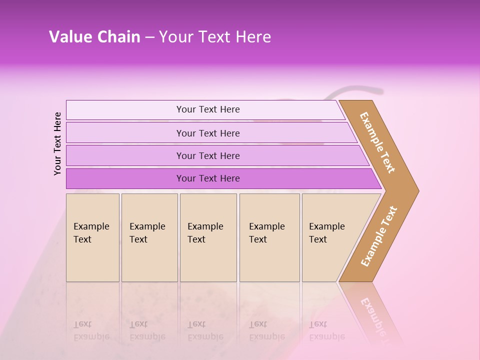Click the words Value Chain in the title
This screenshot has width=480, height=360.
pos(94,37)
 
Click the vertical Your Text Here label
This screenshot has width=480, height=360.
pos(57,143)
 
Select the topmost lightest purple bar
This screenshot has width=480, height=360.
pos(125,110)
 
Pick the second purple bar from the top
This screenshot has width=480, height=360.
pos(125,133)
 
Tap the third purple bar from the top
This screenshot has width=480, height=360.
pos(125,155)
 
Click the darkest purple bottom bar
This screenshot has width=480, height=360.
pos(125,178)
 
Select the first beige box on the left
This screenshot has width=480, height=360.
pos(92,260)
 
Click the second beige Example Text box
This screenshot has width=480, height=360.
pos(149,260)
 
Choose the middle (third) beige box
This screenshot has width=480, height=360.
pos(208,260)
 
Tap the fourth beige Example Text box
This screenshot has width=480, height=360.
pos(269,260)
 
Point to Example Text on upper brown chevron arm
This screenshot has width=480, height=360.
pos(377,142)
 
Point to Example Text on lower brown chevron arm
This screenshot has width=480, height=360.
pos(378,236)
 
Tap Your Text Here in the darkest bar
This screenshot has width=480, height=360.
pos(208,178)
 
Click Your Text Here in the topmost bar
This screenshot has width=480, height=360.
pos(208,109)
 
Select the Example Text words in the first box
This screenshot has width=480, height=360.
pos(91,232)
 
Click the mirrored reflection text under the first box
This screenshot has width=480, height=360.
pos(91,330)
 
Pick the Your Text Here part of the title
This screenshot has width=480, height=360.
pos(215,37)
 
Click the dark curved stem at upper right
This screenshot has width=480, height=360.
pos(360,90)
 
